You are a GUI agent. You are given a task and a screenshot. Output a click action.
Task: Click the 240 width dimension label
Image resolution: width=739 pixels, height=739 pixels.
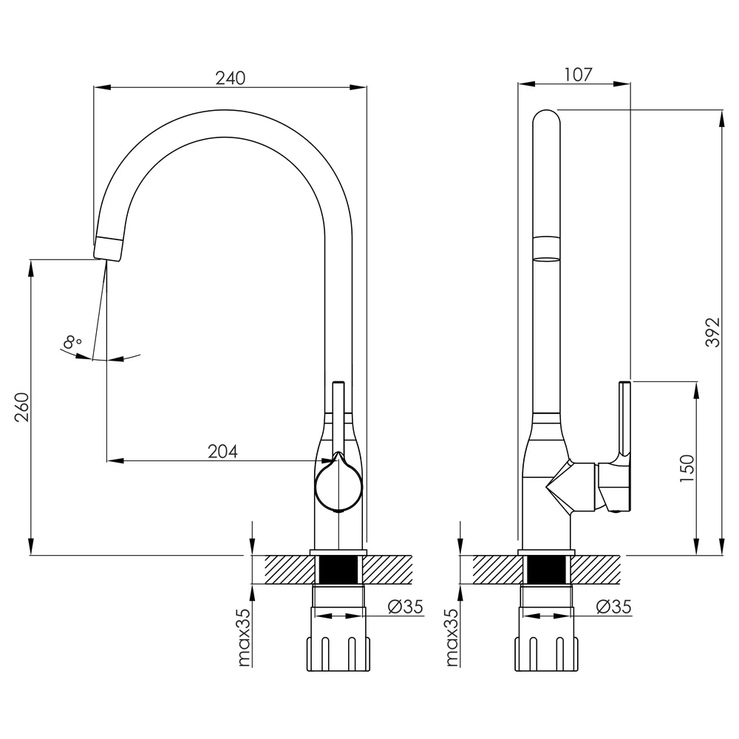tap(231, 78)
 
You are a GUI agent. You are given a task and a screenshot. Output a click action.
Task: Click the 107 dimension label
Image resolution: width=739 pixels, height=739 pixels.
tap(578, 75)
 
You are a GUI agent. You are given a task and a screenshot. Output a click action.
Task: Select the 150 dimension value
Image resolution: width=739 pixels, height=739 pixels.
tap(687, 468)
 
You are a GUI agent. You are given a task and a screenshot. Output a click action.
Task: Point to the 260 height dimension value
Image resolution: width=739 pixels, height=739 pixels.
tap(21, 406)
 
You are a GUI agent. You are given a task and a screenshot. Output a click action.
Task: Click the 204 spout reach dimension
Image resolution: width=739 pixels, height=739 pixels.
tap(222, 452)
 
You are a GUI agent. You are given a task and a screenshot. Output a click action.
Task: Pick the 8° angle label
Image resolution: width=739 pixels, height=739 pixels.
tap(72, 341)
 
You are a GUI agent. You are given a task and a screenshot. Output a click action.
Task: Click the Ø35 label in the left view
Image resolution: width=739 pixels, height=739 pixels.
tap(405, 607)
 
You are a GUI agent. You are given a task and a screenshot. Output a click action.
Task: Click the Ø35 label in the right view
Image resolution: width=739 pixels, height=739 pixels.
tap(613, 607)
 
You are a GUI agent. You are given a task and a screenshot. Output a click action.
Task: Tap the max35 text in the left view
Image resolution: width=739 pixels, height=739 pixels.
tap(244, 638)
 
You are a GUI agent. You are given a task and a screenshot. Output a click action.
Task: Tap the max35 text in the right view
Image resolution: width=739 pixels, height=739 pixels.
tap(452, 638)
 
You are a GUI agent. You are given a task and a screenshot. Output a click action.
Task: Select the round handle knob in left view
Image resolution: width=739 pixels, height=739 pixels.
tap(338, 483)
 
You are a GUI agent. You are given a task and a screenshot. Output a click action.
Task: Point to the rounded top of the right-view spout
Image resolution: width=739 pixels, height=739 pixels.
tap(546, 118)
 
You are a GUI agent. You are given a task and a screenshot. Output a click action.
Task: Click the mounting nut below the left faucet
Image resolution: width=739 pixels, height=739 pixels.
tap(338, 653)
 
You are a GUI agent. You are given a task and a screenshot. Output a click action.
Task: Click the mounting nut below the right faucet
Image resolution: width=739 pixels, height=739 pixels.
tap(546, 653)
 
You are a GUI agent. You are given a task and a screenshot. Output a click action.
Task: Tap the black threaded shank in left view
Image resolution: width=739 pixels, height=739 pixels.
tap(338, 570)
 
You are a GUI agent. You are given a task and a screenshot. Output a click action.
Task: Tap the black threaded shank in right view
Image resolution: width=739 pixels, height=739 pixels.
tap(546, 570)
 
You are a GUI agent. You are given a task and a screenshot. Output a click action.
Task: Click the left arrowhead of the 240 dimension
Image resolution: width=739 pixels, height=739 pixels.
tap(102, 87)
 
